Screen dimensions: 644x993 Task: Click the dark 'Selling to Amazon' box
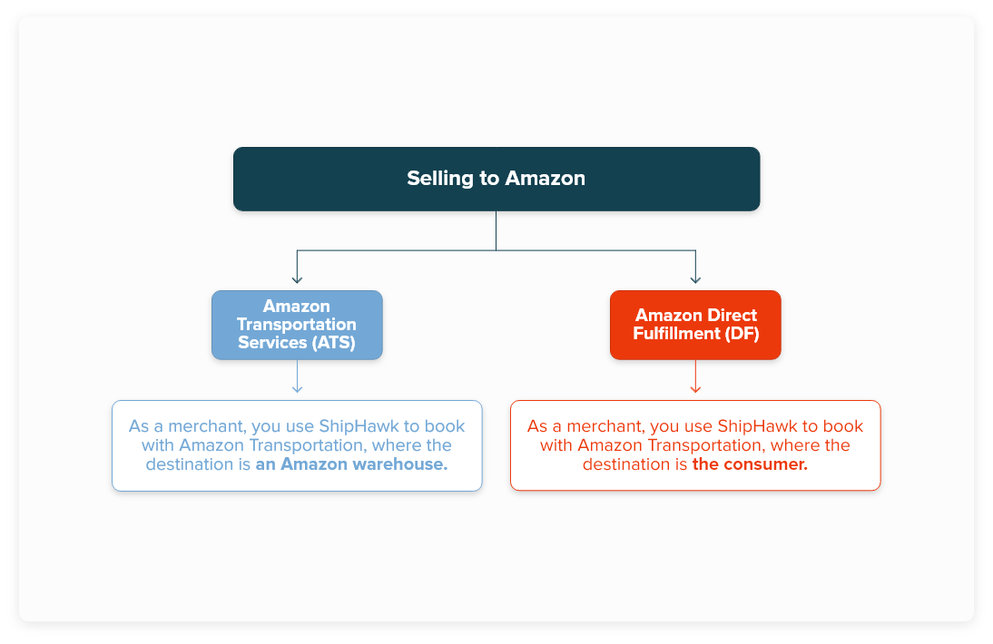(x=496, y=179)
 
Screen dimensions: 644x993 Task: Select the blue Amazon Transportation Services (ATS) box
(x=297, y=325)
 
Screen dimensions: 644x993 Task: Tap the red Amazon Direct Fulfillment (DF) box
(x=695, y=325)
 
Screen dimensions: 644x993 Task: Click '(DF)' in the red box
(x=742, y=334)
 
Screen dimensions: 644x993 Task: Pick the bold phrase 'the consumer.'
(x=750, y=464)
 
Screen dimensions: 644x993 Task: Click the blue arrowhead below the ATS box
(x=297, y=388)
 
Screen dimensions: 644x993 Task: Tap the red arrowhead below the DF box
(x=695, y=388)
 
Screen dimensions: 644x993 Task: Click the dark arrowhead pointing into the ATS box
(x=297, y=278)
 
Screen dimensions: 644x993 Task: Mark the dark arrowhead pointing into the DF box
(x=695, y=278)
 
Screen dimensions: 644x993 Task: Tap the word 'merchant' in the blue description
(x=202, y=426)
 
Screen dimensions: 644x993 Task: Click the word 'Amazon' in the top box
(x=545, y=179)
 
